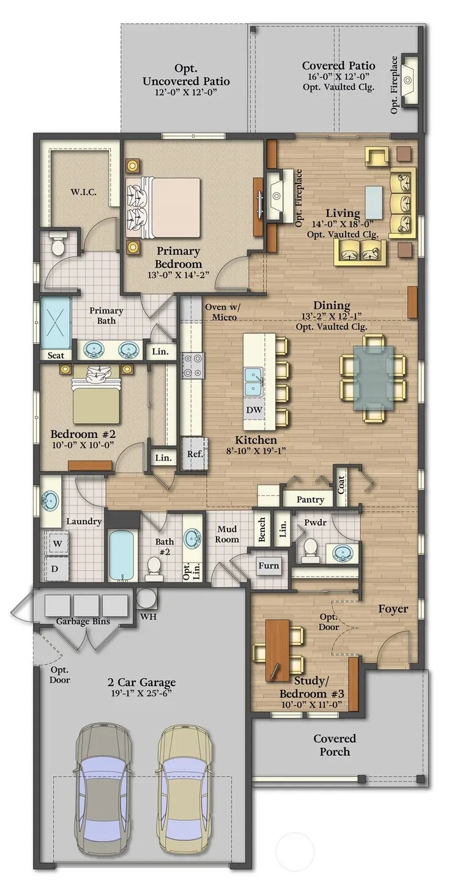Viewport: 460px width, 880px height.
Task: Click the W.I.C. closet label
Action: (84, 193)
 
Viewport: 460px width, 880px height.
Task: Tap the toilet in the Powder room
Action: (311, 549)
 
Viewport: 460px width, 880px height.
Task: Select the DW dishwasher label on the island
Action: (254, 410)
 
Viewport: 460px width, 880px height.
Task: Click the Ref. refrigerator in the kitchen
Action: (195, 453)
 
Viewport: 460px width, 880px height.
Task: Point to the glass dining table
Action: (373, 377)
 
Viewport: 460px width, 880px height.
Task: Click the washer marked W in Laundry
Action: (57, 544)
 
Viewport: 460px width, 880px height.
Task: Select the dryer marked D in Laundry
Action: (56, 568)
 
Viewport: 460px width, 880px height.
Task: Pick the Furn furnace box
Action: (269, 566)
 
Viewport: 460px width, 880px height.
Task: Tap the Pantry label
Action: (310, 500)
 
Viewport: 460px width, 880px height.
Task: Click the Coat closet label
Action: (341, 484)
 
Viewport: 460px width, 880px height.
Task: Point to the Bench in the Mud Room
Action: (262, 529)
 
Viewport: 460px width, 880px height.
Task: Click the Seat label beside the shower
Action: (56, 355)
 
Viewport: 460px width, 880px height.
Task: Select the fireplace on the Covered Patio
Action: (409, 81)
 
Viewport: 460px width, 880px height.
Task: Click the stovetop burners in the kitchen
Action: (191, 364)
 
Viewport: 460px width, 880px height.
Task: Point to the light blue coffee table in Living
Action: (374, 202)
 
